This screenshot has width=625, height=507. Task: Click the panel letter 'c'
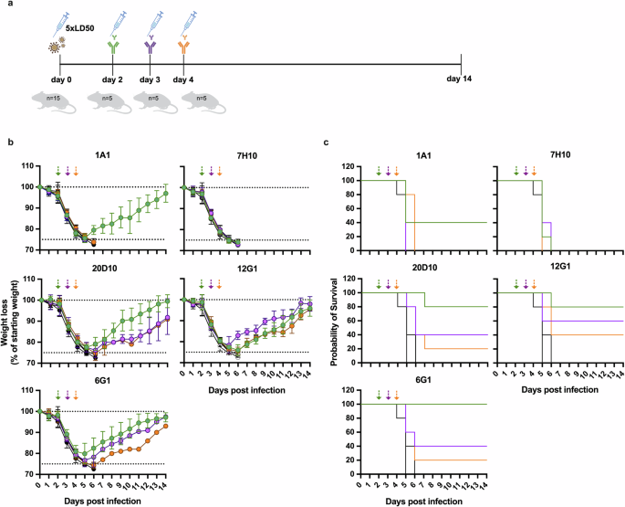[x=328, y=142]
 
